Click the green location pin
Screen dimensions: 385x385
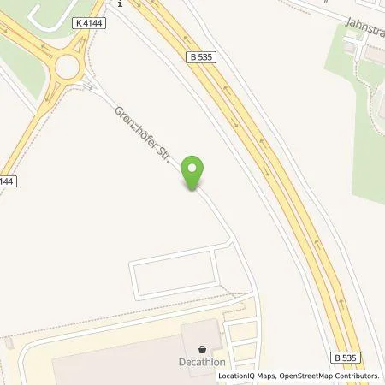click(x=194, y=173)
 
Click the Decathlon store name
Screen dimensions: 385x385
click(x=202, y=360)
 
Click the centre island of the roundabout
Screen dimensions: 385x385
click(x=66, y=67)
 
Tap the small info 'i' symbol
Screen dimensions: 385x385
click(x=121, y=3)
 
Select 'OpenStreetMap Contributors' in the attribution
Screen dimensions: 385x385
click(x=329, y=376)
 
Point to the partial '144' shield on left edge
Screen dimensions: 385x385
click(x=5, y=181)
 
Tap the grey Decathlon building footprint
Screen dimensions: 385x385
click(x=120, y=364)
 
